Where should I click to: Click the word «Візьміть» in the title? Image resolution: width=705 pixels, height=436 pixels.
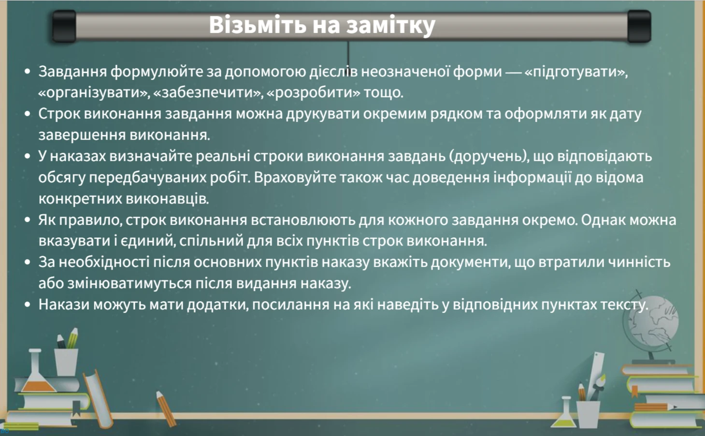pos(252,25)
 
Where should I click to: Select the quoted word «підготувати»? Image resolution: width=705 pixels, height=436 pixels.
pos(575,72)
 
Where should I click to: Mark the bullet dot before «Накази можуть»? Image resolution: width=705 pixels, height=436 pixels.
pos(28,305)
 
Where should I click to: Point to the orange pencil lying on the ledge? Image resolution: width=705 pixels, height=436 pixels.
pos(166,408)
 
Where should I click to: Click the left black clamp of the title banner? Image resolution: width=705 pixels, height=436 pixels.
pos(64,27)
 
